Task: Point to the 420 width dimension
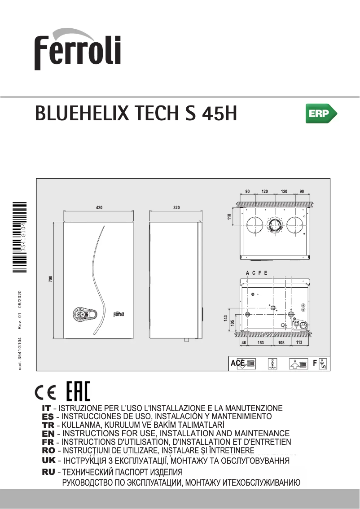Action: click(x=99, y=208)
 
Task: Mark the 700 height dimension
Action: click(x=51, y=279)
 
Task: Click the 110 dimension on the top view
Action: click(x=229, y=217)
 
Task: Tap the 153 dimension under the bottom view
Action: click(x=260, y=342)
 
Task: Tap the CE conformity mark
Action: click(x=45, y=392)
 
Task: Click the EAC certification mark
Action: click(x=78, y=391)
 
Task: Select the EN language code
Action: click(x=48, y=434)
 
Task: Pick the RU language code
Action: click(x=48, y=472)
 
